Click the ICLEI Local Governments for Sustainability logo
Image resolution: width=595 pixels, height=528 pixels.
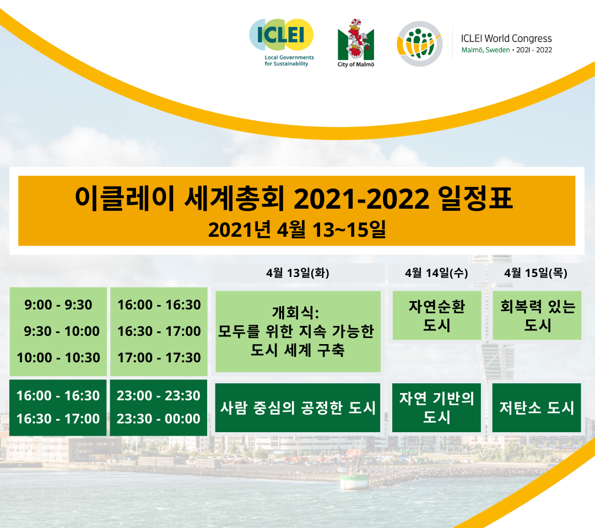[x=282, y=42]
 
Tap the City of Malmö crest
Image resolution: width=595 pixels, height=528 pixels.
[x=355, y=43]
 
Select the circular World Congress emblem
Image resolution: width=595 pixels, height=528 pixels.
[x=420, y=43]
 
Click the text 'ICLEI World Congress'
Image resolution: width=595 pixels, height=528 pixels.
[x=506, y=39]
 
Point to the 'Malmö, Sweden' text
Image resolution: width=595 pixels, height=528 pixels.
[x=485, y=50]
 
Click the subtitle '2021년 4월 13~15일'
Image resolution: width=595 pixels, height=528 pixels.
[x=297, y=230]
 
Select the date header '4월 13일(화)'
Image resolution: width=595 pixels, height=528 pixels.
[x=297, y=273]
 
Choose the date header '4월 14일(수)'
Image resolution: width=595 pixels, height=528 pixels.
[x=436, y=273]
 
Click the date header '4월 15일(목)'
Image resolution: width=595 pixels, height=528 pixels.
[x=536, y=273]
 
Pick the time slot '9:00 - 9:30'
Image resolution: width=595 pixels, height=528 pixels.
[x=58, y=304]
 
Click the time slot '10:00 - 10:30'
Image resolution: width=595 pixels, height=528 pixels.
[x=58, y=357]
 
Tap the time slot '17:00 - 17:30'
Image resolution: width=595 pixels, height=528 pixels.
[x=159, y=357]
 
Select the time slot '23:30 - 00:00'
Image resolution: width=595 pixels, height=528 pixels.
[x=158, y=418]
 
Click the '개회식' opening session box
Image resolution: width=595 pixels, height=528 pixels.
[x=298, y=331]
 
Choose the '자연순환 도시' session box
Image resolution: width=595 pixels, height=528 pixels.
[x=437, y=315]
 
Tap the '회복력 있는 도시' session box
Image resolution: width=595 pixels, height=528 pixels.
[x=537, y=315]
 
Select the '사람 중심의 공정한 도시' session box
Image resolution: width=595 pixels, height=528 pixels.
[x=297, y=408]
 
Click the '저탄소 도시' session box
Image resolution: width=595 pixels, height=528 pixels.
[x=537, y=408]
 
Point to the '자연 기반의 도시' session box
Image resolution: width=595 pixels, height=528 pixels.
[x=436, y=408]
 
